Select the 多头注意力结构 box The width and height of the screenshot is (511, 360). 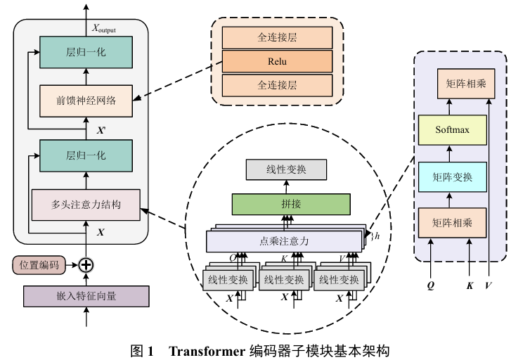point(86,205)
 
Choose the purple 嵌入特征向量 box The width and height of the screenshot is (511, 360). point(86,296)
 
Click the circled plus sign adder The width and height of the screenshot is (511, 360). point(86,265)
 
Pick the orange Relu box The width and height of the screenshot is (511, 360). point(277,61)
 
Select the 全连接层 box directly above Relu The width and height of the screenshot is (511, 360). point(277,37)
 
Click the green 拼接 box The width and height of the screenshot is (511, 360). point(290,204)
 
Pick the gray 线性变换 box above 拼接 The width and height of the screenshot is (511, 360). point(286,169)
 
